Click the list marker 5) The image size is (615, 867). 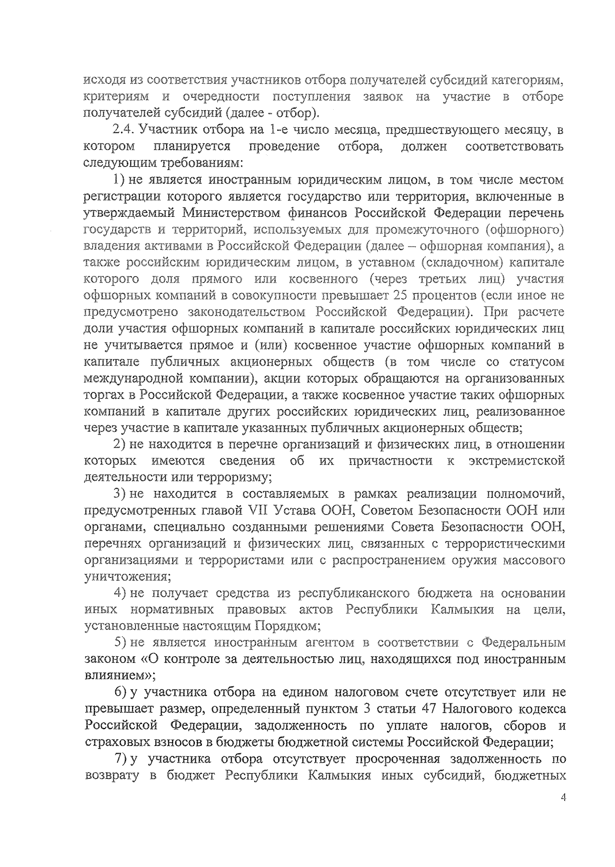point(120,642)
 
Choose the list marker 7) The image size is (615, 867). point(120,758)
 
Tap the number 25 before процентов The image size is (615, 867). point(400,296)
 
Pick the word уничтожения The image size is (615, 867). point(126,576)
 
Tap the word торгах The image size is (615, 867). point(104,395)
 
